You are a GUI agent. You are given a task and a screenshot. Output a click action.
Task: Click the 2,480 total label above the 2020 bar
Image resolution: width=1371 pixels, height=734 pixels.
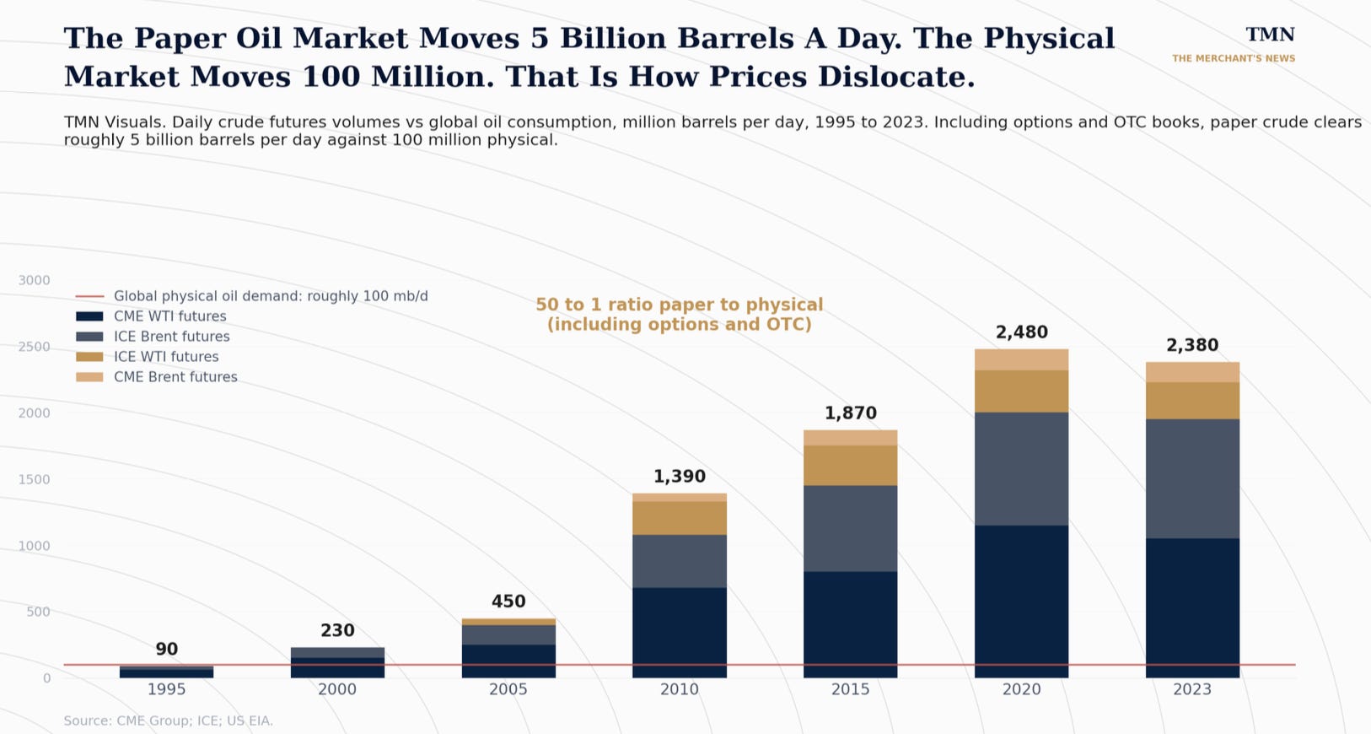(x=1022, y=332)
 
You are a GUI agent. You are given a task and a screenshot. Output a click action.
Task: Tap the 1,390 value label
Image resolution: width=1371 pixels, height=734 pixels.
(x=680, y=477)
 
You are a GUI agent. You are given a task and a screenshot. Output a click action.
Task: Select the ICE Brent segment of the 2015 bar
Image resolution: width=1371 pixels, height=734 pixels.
(x=850, y=528)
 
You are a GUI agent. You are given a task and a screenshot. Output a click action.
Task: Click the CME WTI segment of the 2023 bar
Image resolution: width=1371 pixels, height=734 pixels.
(x=1192, y=608)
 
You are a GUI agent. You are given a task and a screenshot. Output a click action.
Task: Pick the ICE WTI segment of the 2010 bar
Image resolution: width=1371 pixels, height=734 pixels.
(x=680, y=518)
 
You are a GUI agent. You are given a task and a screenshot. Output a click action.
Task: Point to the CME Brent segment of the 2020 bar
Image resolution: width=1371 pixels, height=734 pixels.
(x=1022, y=359)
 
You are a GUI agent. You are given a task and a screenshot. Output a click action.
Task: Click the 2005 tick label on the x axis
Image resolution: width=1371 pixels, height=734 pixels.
(x=508, y=689)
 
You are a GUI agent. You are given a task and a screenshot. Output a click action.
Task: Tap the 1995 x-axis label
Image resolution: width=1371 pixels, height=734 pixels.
(x=166, y=689)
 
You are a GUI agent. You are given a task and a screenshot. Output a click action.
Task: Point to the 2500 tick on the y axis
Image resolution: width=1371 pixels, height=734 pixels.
(x=34, y=347)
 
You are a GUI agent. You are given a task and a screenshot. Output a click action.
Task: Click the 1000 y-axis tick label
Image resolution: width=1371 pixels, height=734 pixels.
(x=34, y=546)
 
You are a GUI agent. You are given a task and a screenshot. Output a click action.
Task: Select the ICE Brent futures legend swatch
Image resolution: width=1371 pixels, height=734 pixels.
(x=89, y=337)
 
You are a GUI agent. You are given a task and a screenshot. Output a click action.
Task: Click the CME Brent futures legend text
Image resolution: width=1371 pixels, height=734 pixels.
(x=175, y=377)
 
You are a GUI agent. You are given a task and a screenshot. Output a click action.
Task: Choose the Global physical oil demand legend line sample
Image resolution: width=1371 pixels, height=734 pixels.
(x=89, y=296)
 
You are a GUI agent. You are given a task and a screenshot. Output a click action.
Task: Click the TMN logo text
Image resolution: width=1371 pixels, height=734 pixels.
(x=1270, y=35)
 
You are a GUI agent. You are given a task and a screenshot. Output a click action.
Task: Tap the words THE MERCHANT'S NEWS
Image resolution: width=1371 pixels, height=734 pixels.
(x=1234, y=59)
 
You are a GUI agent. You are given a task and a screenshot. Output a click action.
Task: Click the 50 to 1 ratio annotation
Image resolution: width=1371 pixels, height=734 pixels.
(x=680, y=314)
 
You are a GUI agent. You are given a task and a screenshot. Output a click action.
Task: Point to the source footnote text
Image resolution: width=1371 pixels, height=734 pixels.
(x=169, y=721)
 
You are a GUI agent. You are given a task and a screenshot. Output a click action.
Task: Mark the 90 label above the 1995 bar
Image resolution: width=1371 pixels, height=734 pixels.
(x=166, y=649)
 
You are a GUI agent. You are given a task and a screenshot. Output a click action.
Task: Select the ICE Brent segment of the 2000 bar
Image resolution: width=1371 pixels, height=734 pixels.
(x=337, y=652)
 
